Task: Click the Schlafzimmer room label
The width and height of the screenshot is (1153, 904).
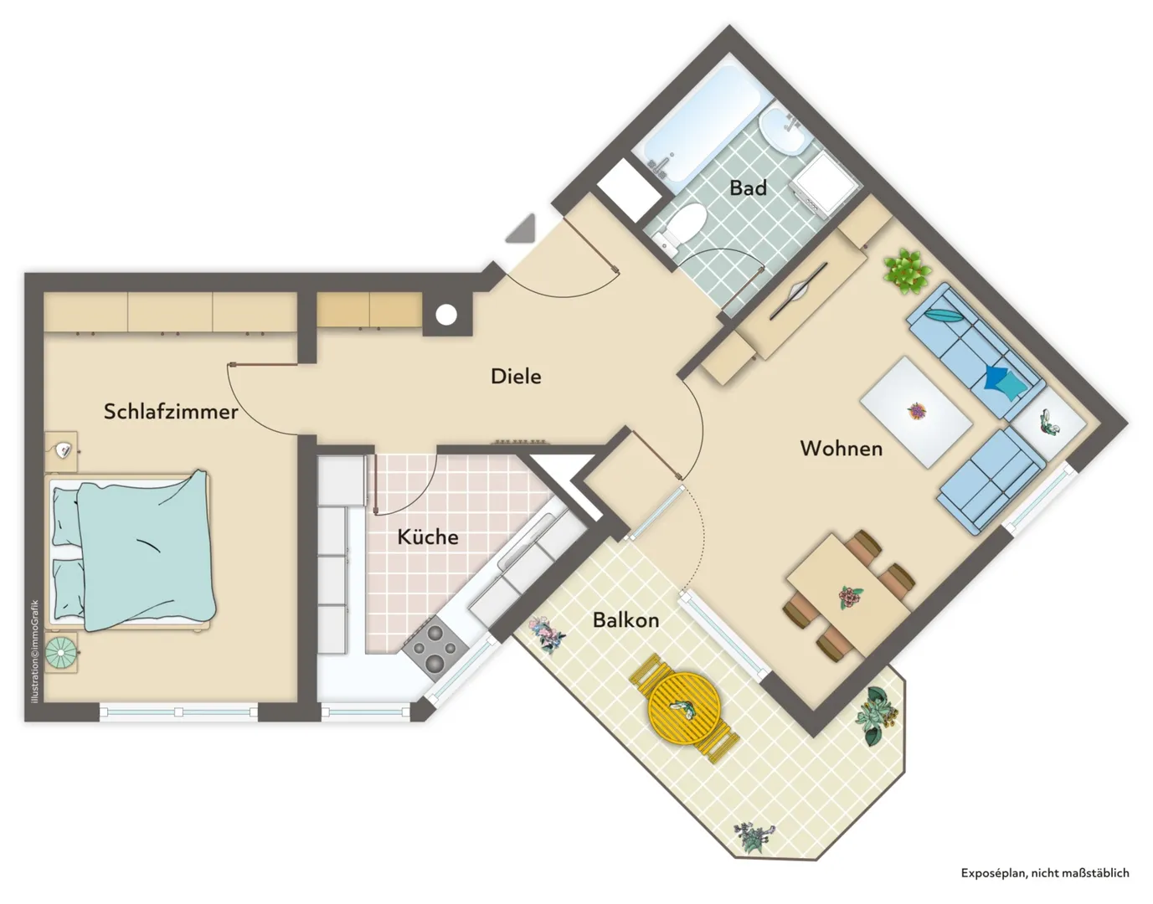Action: point(170,412)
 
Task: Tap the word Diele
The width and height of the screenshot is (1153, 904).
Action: point(516,377)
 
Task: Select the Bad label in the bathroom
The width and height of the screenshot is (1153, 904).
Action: point(748,187)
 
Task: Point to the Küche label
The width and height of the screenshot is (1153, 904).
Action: point(428,537)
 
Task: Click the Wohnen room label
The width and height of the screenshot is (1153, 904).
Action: point(841,449)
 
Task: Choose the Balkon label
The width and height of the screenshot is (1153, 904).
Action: point(625,619)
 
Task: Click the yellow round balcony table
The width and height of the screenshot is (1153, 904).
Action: point(685,708)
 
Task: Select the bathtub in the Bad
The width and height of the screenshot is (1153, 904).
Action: point(701,121)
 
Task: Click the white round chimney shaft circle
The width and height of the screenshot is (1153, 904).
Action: point(446,316)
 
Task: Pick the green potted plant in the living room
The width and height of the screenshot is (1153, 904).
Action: point(906,272)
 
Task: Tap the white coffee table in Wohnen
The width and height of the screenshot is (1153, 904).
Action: point(916,412)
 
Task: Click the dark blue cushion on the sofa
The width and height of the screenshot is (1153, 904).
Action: point(995,378)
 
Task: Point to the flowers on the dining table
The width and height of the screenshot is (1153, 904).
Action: point(850,597)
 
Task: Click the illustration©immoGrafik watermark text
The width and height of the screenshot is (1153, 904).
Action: point(35,651)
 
